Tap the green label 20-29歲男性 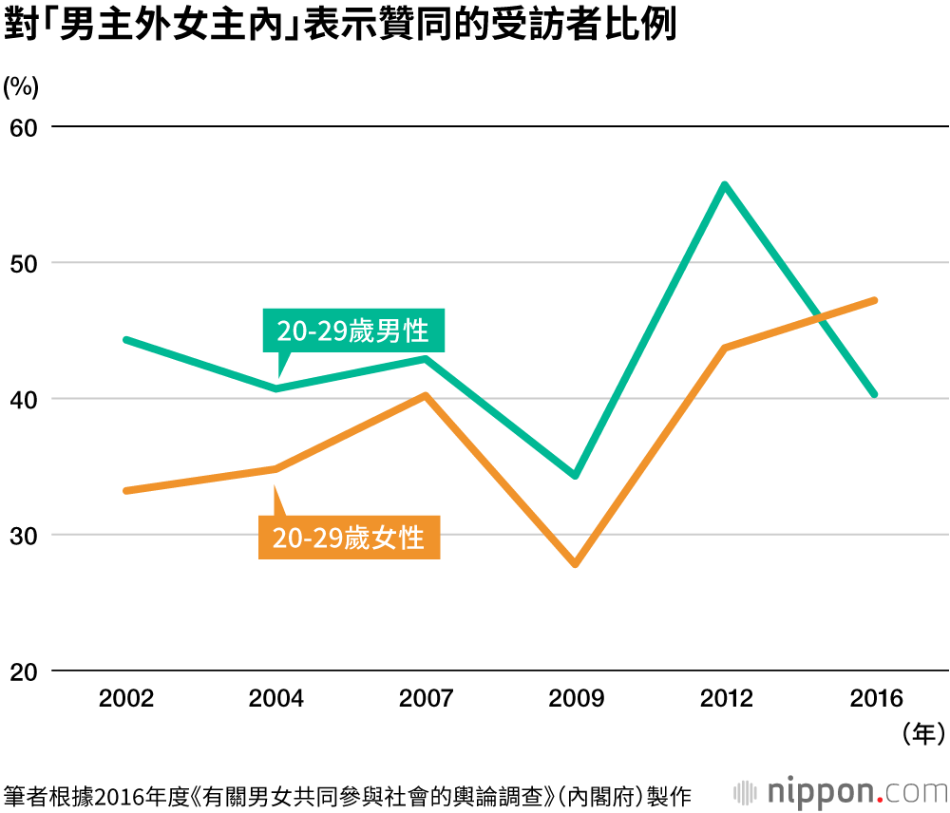click(x=352, y=331)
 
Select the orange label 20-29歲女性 click(x=348, y=538)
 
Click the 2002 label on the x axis click(x=126, y=700)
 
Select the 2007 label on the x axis click(x=426, y=700)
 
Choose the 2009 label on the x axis click(x=576, y=700)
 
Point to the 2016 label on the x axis click(x=875, y=700)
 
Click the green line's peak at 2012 click(x=725, y=184)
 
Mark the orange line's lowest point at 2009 click(x=575, y=564)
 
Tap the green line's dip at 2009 click(x=575, y=475)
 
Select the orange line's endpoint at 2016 click(x=874, y=300)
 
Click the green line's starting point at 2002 click(x=126, y=339)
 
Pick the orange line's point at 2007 click(x=426, y=395)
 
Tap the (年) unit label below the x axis click(x=922, y=733)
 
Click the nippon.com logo click(x=841, y=790)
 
